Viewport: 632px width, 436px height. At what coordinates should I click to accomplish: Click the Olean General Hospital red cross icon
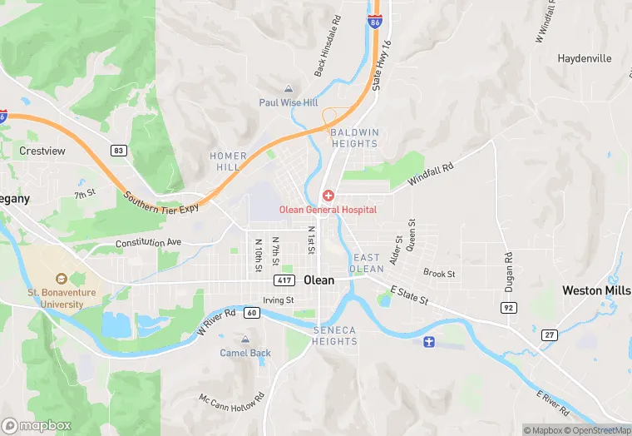coord(328,196)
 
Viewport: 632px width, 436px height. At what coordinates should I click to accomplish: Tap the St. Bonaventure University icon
coord(61,280)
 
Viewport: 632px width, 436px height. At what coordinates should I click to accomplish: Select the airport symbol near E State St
coord(429,342)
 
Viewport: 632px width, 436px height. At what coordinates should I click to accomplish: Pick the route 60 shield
coord(251,313)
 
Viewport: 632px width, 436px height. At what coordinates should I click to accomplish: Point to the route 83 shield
coord(119,151)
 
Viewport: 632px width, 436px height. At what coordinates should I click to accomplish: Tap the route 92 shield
coord(506,307)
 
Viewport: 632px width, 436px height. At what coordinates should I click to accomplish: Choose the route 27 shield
coord(549,334)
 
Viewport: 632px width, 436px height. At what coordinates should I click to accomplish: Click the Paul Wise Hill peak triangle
coord(289,89)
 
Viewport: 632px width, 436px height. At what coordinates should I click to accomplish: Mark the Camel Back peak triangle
coord(244,339)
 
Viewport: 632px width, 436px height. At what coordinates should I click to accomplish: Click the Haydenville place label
coord(584,59)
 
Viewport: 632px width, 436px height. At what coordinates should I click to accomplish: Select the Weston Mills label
coord(596,290)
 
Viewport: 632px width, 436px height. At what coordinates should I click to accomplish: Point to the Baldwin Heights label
coord(354,138)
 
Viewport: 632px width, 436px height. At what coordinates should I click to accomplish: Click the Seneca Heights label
coord(334,336)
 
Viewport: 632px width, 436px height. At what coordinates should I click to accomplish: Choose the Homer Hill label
coord(229,161)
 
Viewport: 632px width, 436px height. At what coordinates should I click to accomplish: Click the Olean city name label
coord(319,280)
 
